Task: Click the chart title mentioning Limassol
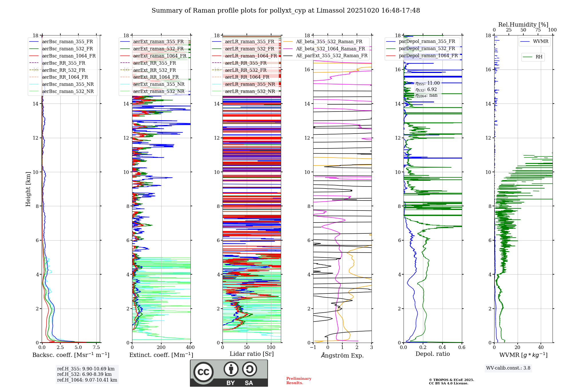tap(286, 11)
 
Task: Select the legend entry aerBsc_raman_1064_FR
tap(69, 56)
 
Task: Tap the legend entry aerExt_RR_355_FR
tap(154, 63)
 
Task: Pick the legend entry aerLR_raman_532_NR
tap(250, 91)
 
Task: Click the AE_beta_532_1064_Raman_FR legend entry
tap(330, 49)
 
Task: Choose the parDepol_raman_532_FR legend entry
tap(427, 49)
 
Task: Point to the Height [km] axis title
tap(28, 189)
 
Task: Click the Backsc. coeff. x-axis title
tap(71, 355)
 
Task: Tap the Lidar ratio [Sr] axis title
tap(252, 354)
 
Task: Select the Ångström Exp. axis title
tap(342, 356)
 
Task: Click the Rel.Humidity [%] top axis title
tap(523, 25)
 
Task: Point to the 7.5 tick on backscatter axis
tap(96, 348)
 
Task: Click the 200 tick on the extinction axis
tap(161, 348)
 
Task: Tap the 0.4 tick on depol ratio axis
tap(442, 348)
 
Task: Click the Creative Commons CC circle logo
tap(203, 372)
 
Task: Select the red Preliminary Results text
tap(299, 381)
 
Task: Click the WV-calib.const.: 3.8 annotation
tap(508, 368)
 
